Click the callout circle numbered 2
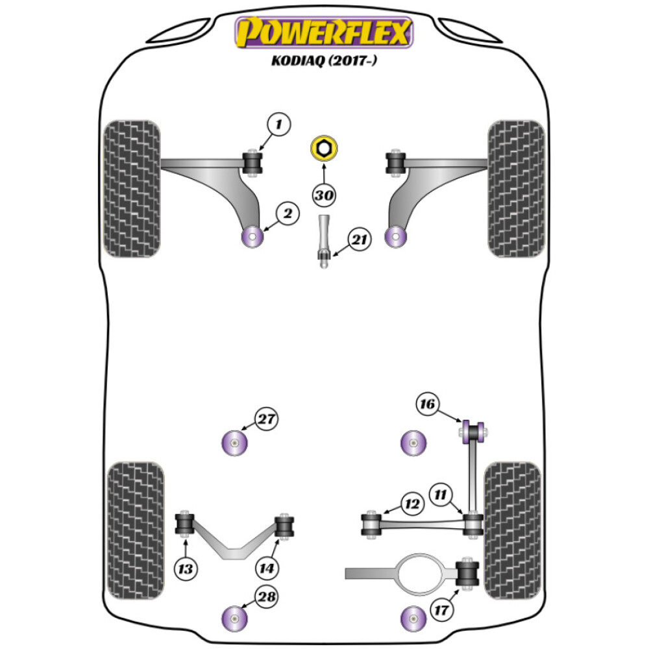pos(287,212)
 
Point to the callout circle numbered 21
pos(359,241)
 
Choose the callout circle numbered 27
pos(265,420)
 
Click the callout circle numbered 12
pos(411,504)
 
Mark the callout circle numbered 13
pos(186,569)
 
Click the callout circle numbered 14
pos(268,568)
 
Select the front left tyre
pos(132,189)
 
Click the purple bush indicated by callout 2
pos(252,237)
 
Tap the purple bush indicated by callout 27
pos(234,443)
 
